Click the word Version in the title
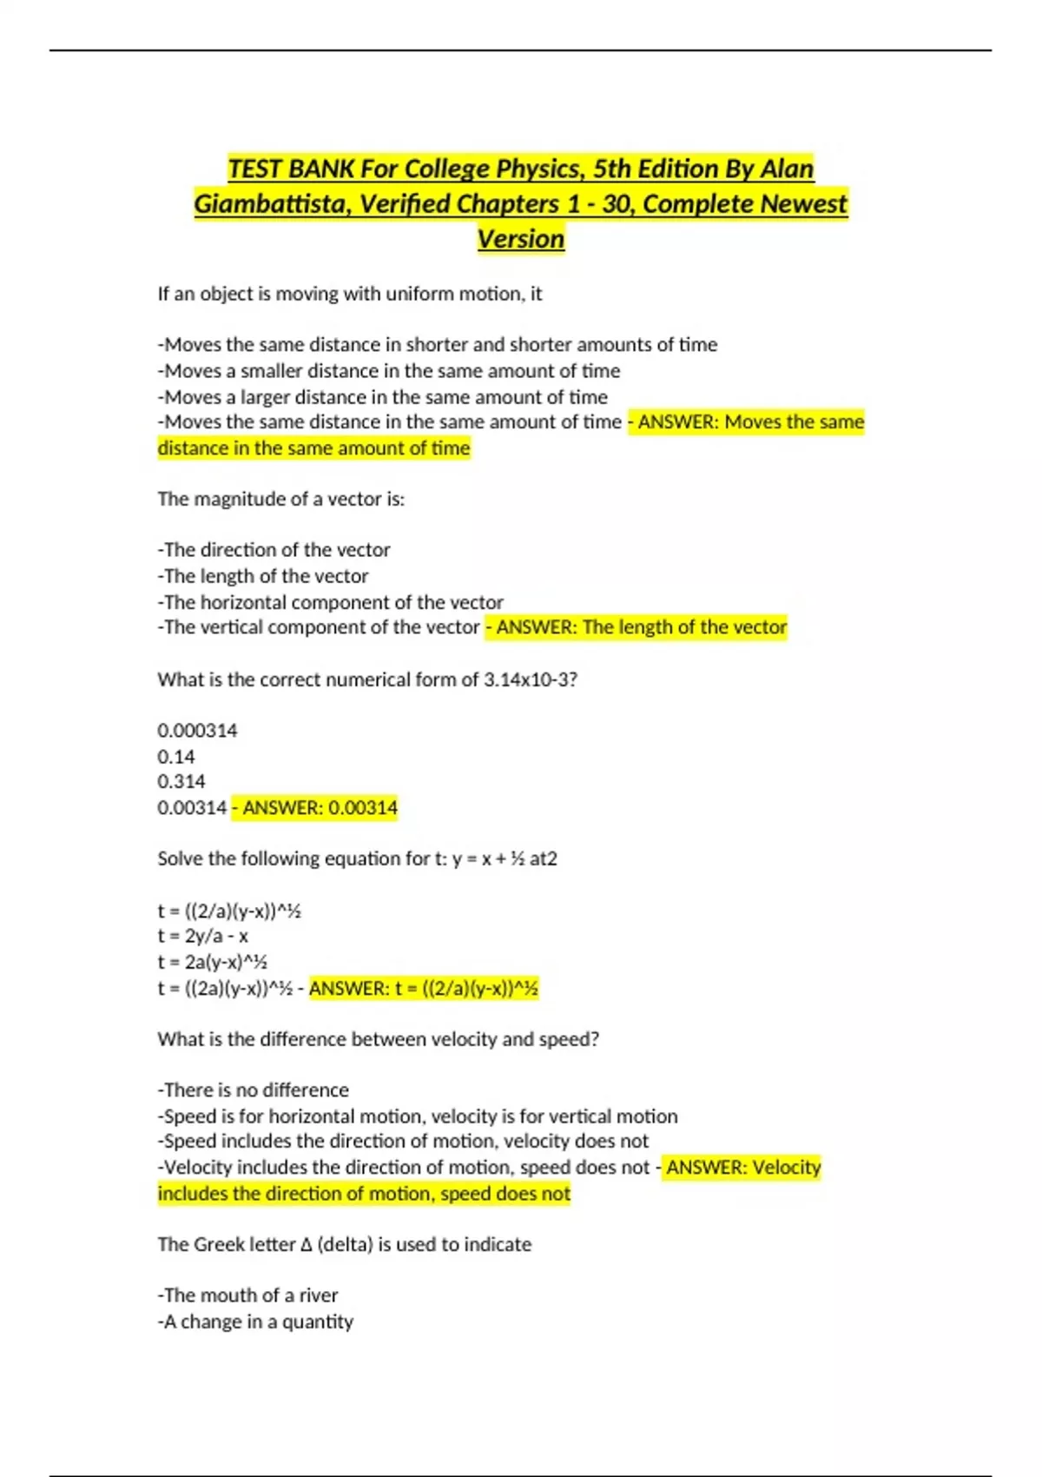(x=521, y=239)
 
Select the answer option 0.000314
(x=197, y=731)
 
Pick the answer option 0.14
(x=176, y=757)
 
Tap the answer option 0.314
(x=181, y=782)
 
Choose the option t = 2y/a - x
(x=203, y=937)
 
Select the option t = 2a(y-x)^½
(x=213, y=963)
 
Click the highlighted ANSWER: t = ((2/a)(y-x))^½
(x=424, y=989)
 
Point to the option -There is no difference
(x=254, y=1090)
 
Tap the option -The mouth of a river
(x=248, y=1295)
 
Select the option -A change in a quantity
(x=256, y=1321)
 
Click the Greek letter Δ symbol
(x=306, y=1245)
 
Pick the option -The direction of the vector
(x=274, y=550)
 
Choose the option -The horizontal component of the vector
(x=331, y=602)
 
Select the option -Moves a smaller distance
(x=389, y=371)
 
